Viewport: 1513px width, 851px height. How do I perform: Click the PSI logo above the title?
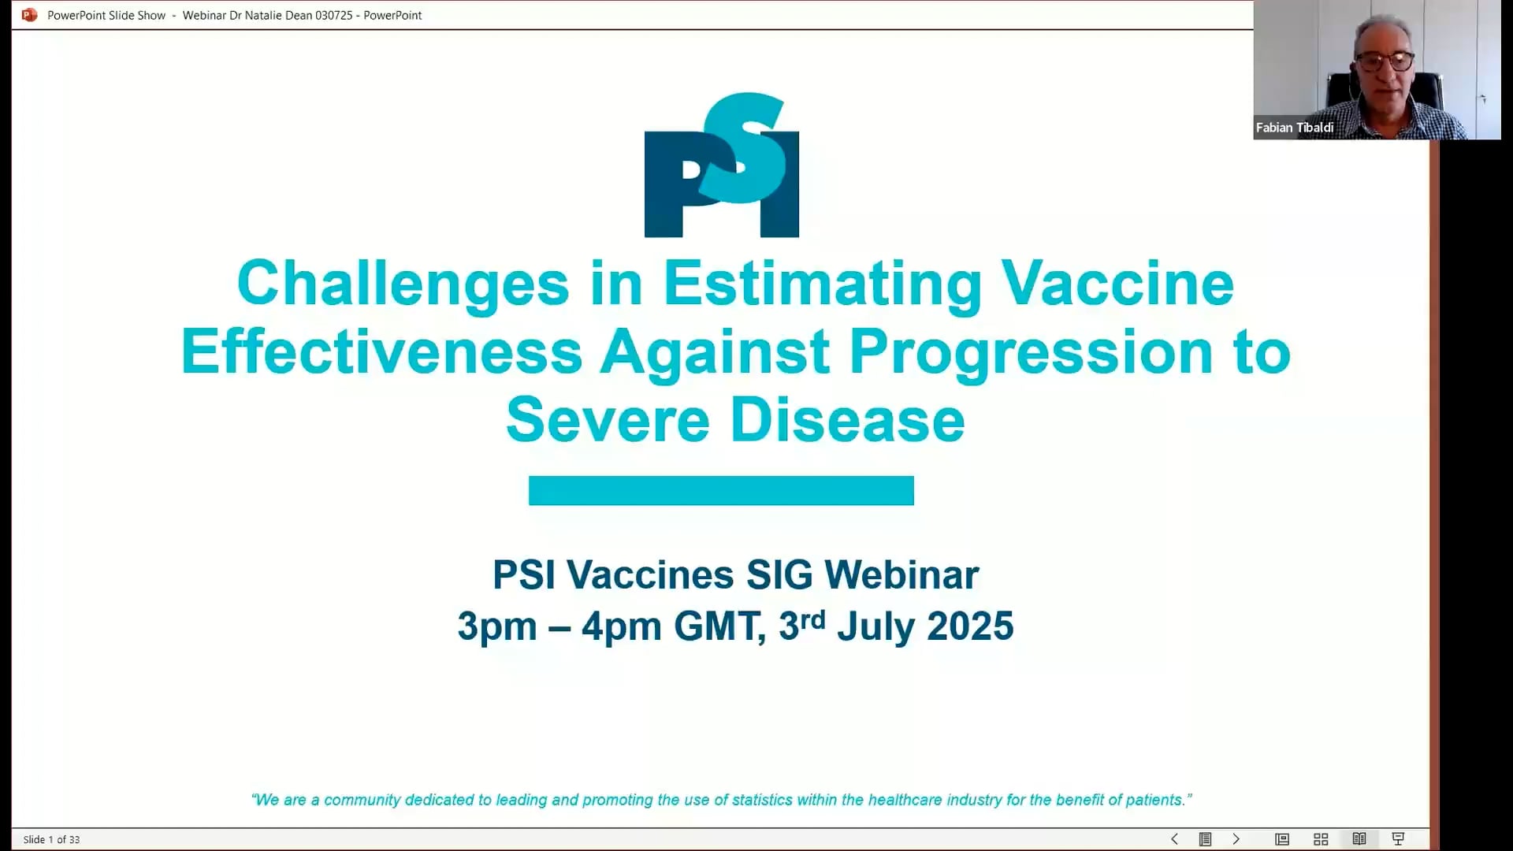tap(721, 165)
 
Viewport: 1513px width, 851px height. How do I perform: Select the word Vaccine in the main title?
tap(1117, 283)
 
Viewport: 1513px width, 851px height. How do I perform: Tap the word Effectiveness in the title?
tap(381, 351)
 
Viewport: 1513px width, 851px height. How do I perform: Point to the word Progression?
tap(1031, 353)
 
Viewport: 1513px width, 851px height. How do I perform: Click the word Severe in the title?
tap(608, 420)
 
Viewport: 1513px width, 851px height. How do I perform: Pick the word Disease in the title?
tap(848, 420)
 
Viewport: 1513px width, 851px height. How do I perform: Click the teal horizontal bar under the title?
tap(721, 490)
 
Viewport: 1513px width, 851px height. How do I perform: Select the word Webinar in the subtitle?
tap(901, 574)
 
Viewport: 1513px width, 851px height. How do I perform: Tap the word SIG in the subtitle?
tap(779, 574)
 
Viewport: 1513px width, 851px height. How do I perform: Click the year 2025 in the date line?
tap(970, 626)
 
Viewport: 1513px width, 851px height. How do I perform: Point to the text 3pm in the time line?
tap(497, 628)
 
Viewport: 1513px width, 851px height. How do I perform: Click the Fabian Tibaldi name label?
tap(1295, 128)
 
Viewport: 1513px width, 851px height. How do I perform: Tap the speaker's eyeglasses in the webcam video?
tap(1385, 61)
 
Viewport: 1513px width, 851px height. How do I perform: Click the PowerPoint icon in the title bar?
tap(29, 15)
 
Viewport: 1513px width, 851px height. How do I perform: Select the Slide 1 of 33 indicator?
tap(51, 840)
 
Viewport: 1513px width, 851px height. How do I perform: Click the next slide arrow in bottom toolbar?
tap(1236, 839)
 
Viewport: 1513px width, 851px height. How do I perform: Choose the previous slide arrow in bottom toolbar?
tap(1174, 839)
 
